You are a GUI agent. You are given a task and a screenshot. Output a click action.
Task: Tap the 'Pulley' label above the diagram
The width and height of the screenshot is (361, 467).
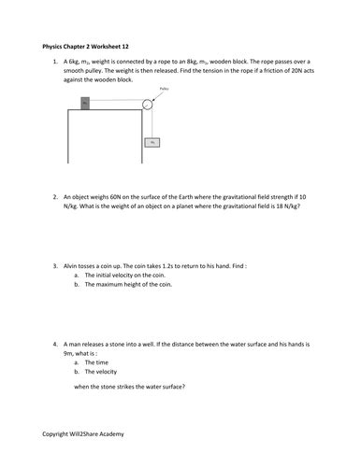[165, 89]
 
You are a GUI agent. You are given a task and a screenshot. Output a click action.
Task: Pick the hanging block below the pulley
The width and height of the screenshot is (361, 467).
[152, 143]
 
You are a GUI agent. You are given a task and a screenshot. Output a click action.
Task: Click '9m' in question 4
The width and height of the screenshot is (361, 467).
[69, 354]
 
